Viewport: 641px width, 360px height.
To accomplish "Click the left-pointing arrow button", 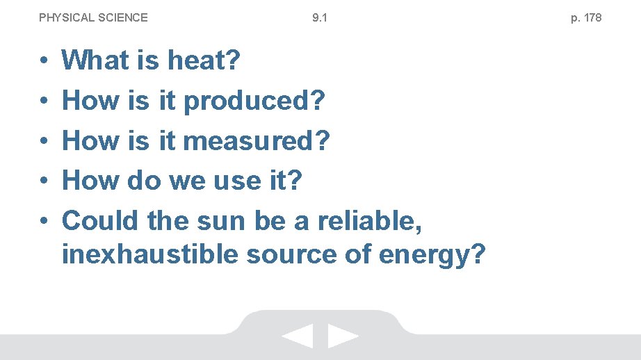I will point(298,336).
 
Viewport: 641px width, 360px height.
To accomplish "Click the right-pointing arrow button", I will point(343,336).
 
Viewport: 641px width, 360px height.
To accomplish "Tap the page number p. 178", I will point(586,17).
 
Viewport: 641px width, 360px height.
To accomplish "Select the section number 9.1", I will point(320,17).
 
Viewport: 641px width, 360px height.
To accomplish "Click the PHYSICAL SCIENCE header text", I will point(93,17).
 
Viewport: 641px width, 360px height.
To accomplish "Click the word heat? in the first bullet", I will point(204,60).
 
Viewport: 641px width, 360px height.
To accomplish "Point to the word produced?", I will point(254,101).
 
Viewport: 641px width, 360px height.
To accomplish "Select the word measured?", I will point(257,141).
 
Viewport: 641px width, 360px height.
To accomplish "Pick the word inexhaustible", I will point(148,255).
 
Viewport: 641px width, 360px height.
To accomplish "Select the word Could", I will point(101,221).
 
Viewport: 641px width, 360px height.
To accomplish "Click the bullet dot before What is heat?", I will point(43,61).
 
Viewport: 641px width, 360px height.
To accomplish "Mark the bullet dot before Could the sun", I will point(43,222).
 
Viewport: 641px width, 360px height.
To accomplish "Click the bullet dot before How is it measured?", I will point(43,142).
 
